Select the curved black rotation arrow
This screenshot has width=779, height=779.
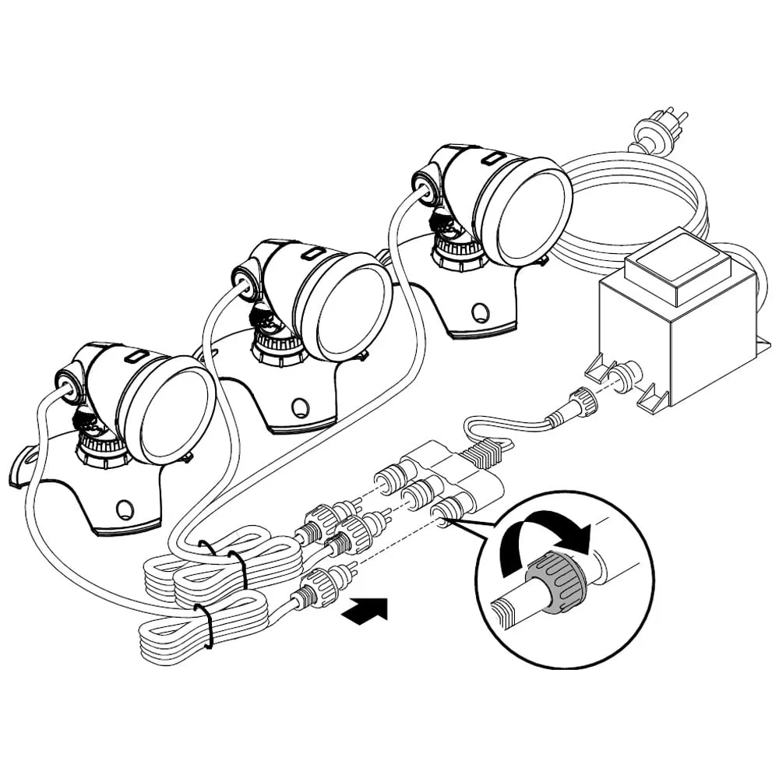pyautogui.click(x=545, y=538)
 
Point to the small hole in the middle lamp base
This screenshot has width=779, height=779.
pyautogui.click(x=301, y=406)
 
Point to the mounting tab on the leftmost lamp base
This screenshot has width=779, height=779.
pyautogui.click(x=26, y=467)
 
